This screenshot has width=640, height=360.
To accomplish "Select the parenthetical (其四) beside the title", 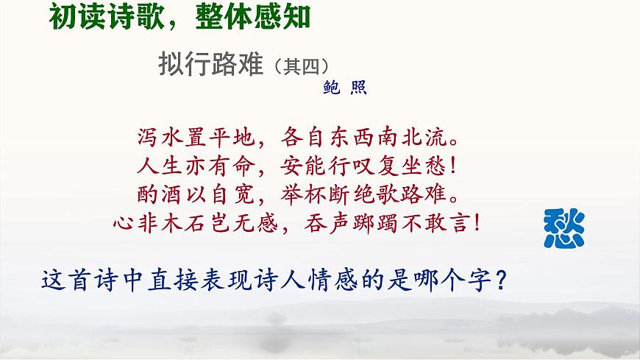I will (x=299, y=66).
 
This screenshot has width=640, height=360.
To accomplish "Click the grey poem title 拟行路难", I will (x=210, y=65).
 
